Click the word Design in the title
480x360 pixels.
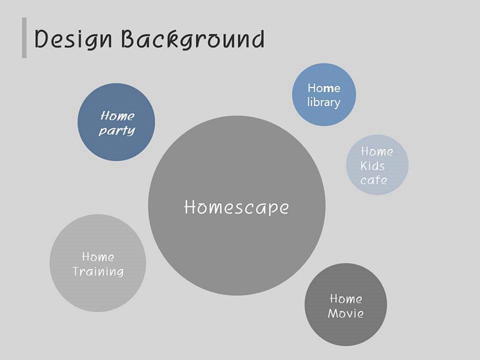tap(73, 40)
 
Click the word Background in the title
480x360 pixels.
tap(193, 39)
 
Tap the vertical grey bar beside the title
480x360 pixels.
tap(24, 38)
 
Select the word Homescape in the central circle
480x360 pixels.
tap(236, 207)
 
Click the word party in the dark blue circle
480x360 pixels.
tap(117, 131)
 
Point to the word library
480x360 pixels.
tap(323, 102)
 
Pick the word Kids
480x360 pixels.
tap(372, 166)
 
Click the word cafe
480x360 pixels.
tap(373, 180)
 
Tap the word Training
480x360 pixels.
tap(98, 271)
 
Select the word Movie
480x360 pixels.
tap(346, 313)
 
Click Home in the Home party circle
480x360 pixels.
tap(117, 116)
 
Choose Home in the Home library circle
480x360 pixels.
tap(324, 88)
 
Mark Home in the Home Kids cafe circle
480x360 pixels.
tap(377, 151)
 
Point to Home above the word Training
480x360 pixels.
tap(98, 257)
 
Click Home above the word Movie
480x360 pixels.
tap(346, 299)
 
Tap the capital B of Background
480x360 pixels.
tap(128, 38)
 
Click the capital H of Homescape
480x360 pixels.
tap(190, 207)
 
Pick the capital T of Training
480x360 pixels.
tap(77, 271)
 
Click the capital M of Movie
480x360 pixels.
tap(334, 313)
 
